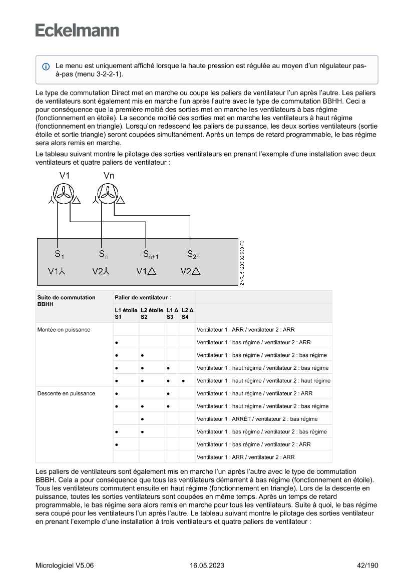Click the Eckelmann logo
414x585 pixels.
pyautogui.click(x=77, y=31)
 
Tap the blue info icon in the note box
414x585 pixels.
pyautogui.click(x=46, y=66)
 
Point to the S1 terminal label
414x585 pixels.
pyautogui.click(x=59, y=254)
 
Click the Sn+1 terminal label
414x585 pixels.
pyautogui.click(x=150, y=254)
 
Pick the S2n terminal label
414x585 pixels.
pyautogui.click(x=193, y=254)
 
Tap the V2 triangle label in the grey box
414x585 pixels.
pyautogui.click(x=190, y=272)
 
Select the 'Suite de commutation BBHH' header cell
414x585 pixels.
pyautogui.click(x=67, y=300)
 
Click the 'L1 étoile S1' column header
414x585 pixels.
pyautogui.click(x=126, y=313)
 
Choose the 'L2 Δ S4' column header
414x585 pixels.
pyautogui.click(x=187, y=313)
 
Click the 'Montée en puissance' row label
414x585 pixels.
pyautogui.click(x=66, y=330)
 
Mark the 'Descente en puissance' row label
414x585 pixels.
pyautogui.click(x=66, y=393)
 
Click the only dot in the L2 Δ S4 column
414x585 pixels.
pyautogui.click(x=184, y=381)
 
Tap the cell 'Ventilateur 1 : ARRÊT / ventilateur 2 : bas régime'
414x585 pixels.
pyautogui.click(x=257, y=419)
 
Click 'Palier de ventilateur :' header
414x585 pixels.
pyautogui.click(x=136, y=297)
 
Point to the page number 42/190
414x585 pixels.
pyautogui.click(x=367, y=565)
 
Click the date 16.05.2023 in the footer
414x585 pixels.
pyautogui.click(x=207, y=565)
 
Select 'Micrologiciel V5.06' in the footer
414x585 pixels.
pyautogui.click(x=65, y=565)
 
